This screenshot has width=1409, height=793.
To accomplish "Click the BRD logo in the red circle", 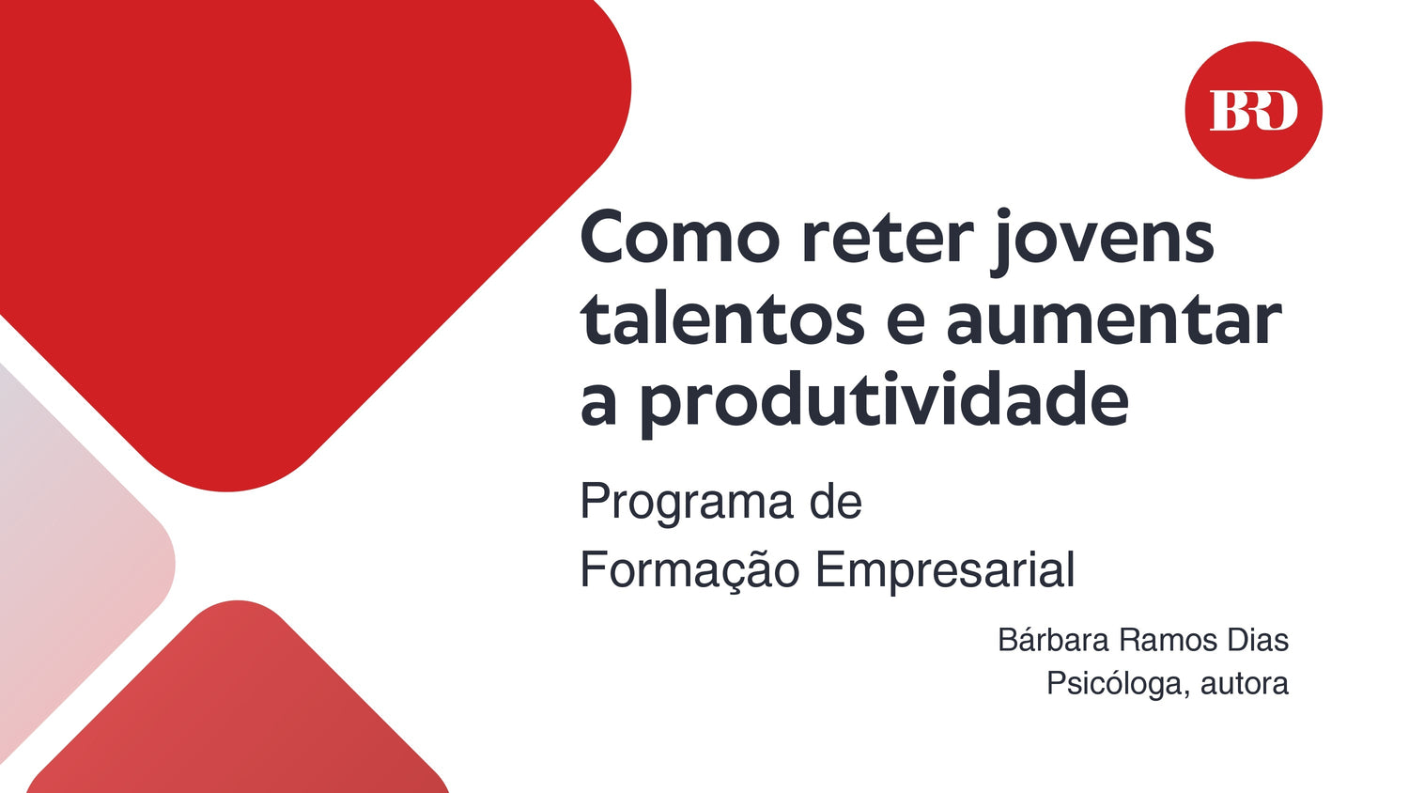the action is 1253,110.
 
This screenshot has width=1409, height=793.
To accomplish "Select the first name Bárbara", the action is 1053,640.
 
